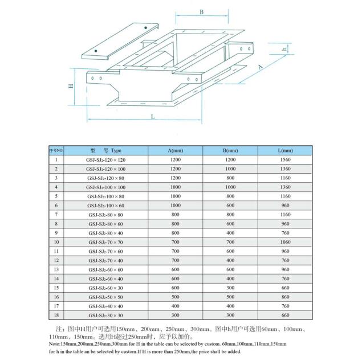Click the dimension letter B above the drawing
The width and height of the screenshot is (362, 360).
[x=201, y=12]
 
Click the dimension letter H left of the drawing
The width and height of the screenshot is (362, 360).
[x=71, y=87]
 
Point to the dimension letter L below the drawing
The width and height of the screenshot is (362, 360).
[x=153, y=116]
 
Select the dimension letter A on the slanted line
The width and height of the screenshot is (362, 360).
[x=261, y=67]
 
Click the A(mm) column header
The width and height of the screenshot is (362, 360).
[x=175, y=150]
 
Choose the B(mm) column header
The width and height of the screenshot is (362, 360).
[x=230, y=150]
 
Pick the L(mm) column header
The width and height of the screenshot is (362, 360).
[x=285, y=150]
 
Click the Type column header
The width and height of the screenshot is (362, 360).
[x=106, y=150]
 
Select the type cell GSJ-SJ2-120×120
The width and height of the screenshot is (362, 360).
[x=106, y=160]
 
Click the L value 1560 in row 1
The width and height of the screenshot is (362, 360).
[x=285, y=160]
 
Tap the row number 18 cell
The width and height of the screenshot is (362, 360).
[x=56, y=315]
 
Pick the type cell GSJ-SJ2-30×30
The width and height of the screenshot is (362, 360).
[x=106, y=315]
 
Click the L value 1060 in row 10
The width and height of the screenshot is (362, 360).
[x=285, y=242]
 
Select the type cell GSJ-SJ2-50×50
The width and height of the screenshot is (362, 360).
[x=106, y=297]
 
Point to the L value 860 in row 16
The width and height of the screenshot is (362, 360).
[x=285, y=297]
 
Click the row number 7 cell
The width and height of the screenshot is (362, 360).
[x=56, y=215]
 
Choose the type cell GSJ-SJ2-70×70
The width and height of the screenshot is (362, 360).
[x=106, y=242]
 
